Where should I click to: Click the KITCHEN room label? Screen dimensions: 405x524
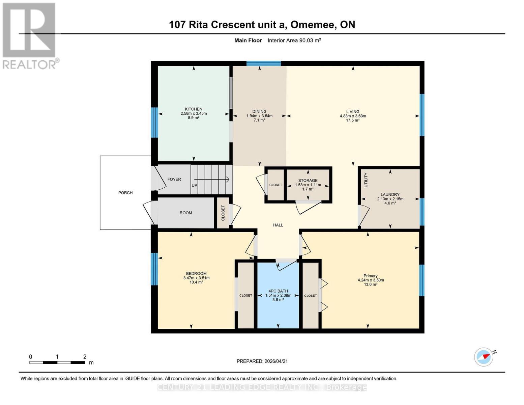[x=194, y=109]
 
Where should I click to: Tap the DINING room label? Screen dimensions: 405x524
[x=259, y=111]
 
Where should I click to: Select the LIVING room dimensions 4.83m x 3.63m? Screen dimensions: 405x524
[x=353, y=116]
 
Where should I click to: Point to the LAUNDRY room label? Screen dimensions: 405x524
[x=390, y=194]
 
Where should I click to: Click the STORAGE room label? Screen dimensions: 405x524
[x=308, y=181]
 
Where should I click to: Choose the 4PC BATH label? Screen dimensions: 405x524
[x=278, y=291]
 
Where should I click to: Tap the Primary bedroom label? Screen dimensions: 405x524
[x=371, y=276]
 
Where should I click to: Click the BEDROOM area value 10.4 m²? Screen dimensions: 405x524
[x=196, y=282]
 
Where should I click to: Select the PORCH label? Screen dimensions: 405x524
[x=125, y=193]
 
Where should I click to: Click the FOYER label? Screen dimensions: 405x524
[x=174, y=179]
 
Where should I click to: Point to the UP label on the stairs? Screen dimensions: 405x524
[x=195, y=185]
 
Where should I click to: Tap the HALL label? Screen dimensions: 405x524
[x=278, y=225]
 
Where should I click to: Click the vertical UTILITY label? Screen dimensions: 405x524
[x=366, y=180]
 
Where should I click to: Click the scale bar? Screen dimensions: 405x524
[x=57, y=362]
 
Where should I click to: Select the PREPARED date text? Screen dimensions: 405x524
[x=262, y=361]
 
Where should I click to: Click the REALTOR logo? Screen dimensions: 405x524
[x=29, y=35]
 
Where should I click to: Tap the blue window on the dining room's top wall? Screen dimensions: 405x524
[x=263, y=63]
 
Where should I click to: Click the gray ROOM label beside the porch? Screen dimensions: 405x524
[x=186, y=213]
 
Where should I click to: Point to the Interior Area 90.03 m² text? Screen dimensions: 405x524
[x=294, y=40]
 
